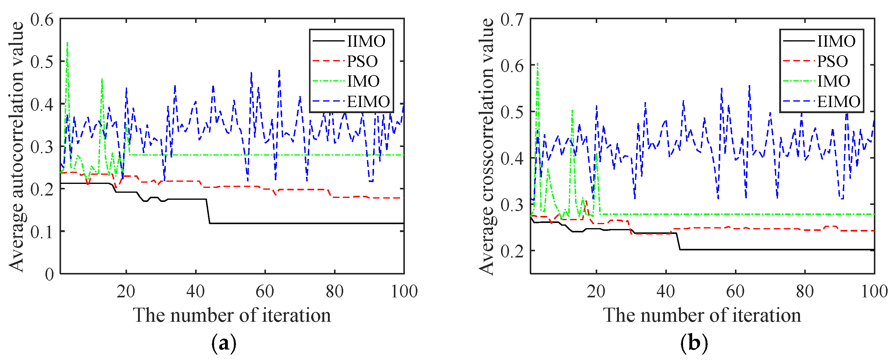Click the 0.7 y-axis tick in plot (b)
512,20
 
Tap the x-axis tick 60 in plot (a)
265,292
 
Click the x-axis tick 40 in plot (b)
666,292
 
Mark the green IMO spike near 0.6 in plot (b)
537,64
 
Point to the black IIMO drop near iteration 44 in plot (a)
208,212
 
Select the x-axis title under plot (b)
702,316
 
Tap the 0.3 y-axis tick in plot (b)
512,205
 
